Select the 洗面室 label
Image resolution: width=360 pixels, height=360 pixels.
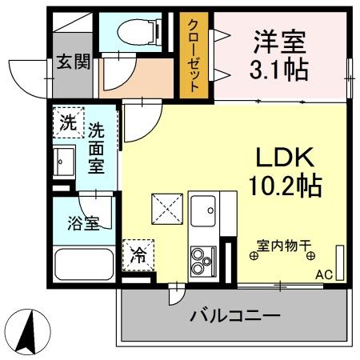(96, 148)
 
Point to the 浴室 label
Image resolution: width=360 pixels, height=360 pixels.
(82, 223)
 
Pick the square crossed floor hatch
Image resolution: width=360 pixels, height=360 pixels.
(168, 210)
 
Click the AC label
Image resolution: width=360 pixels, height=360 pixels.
(323, 274)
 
